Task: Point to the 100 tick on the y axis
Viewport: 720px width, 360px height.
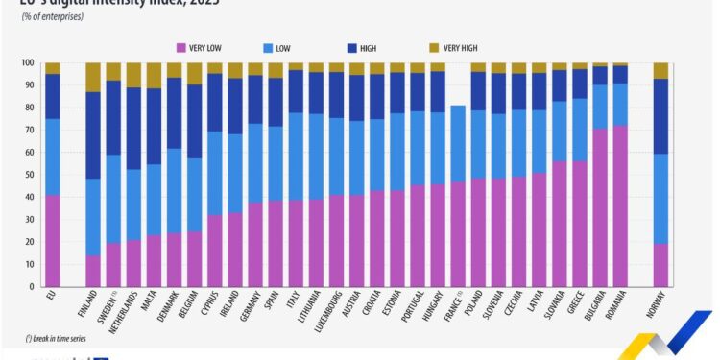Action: [x=28, y=63]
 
